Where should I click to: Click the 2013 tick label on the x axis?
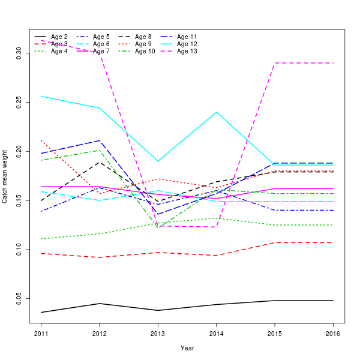point(158,333)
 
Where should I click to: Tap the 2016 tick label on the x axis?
point(333,333)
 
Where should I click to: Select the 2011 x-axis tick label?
point(41,333)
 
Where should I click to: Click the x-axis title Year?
point(187,348)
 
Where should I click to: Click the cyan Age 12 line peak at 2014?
point(216,112)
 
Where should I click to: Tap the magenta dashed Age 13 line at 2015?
point(275,62)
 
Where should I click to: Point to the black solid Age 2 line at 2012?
point(100,304)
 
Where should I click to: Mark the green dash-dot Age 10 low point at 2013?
point(158,227)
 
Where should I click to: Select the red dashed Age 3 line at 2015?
point(275,242)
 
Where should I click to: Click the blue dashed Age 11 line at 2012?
point(100,140)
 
